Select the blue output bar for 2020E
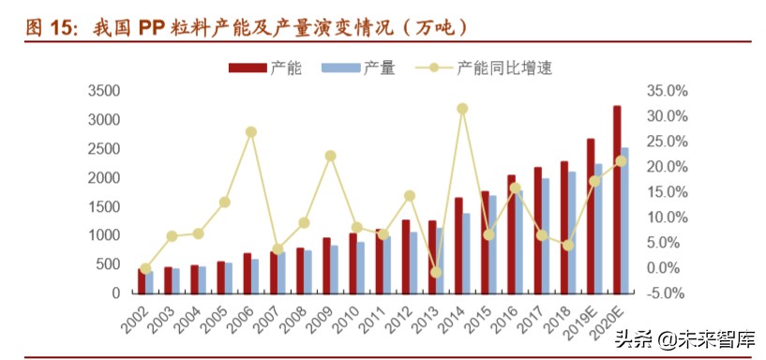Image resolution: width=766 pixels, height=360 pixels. click(625, 220)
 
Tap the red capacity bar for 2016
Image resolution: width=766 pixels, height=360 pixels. click(511, 234)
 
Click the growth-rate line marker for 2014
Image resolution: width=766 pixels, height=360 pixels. click(462, 109)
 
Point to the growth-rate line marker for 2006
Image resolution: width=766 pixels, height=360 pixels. click(251, 132)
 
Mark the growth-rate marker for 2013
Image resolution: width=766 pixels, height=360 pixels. click(436, 272)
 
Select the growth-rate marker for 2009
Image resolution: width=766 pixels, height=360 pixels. click(330, 156)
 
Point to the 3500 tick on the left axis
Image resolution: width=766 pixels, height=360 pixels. click(103, 91)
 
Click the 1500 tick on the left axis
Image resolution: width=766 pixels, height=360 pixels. click(103, 206)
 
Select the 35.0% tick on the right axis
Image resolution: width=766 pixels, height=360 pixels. click(668, 91)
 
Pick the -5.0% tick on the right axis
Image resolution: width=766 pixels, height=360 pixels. click(668, 293)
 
